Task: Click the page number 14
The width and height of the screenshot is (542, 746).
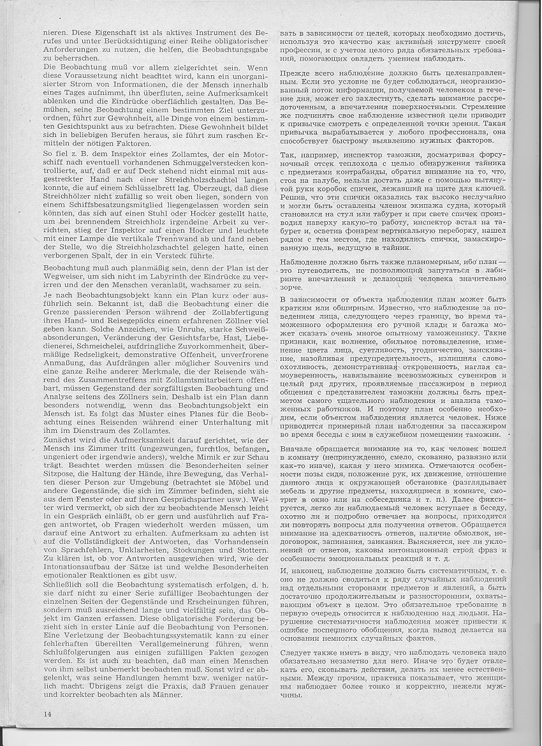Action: (x=47, y=712)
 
